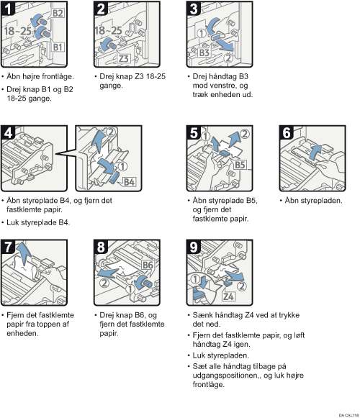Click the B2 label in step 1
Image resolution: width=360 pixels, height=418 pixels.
point(58,13)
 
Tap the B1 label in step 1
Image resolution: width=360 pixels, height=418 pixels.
point(58,47)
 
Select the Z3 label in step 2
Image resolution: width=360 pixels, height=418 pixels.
point(124,58)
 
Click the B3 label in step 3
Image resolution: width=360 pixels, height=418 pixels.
point(204,53)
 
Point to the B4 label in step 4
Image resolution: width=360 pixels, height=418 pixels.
point(130,182)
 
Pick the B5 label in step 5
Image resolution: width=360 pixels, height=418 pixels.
point(240,165)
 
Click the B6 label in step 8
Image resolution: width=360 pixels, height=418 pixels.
point(148,265)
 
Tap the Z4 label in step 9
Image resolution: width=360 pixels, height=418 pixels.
point(229,296)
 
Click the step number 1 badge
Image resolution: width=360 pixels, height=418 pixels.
point(8,9)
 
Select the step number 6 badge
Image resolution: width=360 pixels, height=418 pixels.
point(287,133)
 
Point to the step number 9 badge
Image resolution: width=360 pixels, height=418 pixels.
point(194,247)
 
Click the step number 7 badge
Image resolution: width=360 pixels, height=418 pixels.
point(8,247)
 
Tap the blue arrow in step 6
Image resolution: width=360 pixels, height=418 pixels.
point(315,152)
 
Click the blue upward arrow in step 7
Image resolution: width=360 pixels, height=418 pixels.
point(24,253)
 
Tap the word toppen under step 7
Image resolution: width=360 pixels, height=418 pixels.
point(46,324)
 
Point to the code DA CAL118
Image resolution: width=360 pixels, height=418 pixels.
point(348,415)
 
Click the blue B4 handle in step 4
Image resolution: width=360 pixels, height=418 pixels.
point(114,178)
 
